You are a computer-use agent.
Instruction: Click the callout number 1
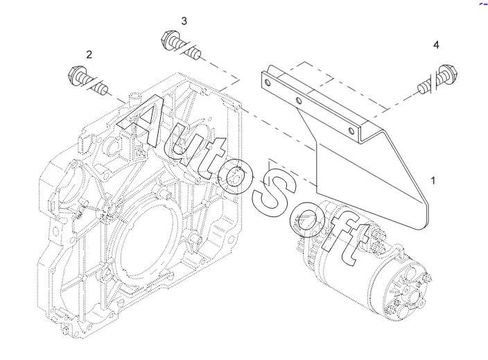click(433, 180)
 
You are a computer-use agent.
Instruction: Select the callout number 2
click(89, 55)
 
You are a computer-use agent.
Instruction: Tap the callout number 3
click(184, 22)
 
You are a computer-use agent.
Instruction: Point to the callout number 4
click(436, 45)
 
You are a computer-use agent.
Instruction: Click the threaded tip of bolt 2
click(102, 89)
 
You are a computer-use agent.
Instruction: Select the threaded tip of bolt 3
click(195, 53)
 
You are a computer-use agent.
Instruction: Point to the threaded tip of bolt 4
click(423, 88)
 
